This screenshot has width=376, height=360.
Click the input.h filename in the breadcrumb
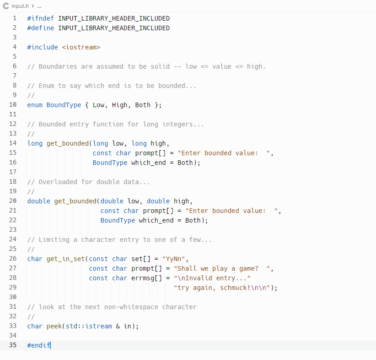[20, 6]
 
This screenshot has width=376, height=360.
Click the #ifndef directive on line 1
[41, 18]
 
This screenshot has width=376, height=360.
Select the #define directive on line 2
[41, 28]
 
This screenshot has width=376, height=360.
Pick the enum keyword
[35, 105]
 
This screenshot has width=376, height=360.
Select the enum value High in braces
[120, 105]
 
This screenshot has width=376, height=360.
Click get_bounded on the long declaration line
[68, 143]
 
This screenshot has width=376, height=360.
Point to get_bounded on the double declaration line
[75, 201]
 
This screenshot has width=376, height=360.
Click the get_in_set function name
[65, 259]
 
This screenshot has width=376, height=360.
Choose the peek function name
[54, 326]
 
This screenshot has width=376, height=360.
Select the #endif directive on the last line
[39, 345]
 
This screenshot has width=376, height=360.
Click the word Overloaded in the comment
[58, 182]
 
